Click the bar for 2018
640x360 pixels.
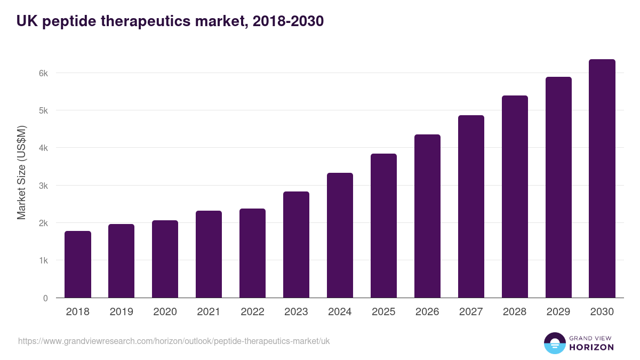point(78,265)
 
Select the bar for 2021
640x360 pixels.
point(209,254)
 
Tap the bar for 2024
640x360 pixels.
point(340,235)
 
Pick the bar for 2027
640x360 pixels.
point(471,206)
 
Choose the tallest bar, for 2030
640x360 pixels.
point(602,179)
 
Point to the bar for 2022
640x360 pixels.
point(252,253)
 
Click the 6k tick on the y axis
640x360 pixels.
point(43,73)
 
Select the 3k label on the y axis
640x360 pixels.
point(43,186)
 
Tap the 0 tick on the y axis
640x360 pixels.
point(45,298)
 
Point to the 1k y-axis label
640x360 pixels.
point(43,261)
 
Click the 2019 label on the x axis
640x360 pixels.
point(122,312)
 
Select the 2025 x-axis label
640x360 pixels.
point(383,312)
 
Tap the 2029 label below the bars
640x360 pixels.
point(558,312)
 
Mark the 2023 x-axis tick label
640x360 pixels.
point(296,312)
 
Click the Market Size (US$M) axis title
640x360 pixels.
point(21,172)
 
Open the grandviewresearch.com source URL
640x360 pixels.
point(174,341)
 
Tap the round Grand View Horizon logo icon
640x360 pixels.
point(554,343)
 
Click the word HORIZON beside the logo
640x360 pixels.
point(591,347)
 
